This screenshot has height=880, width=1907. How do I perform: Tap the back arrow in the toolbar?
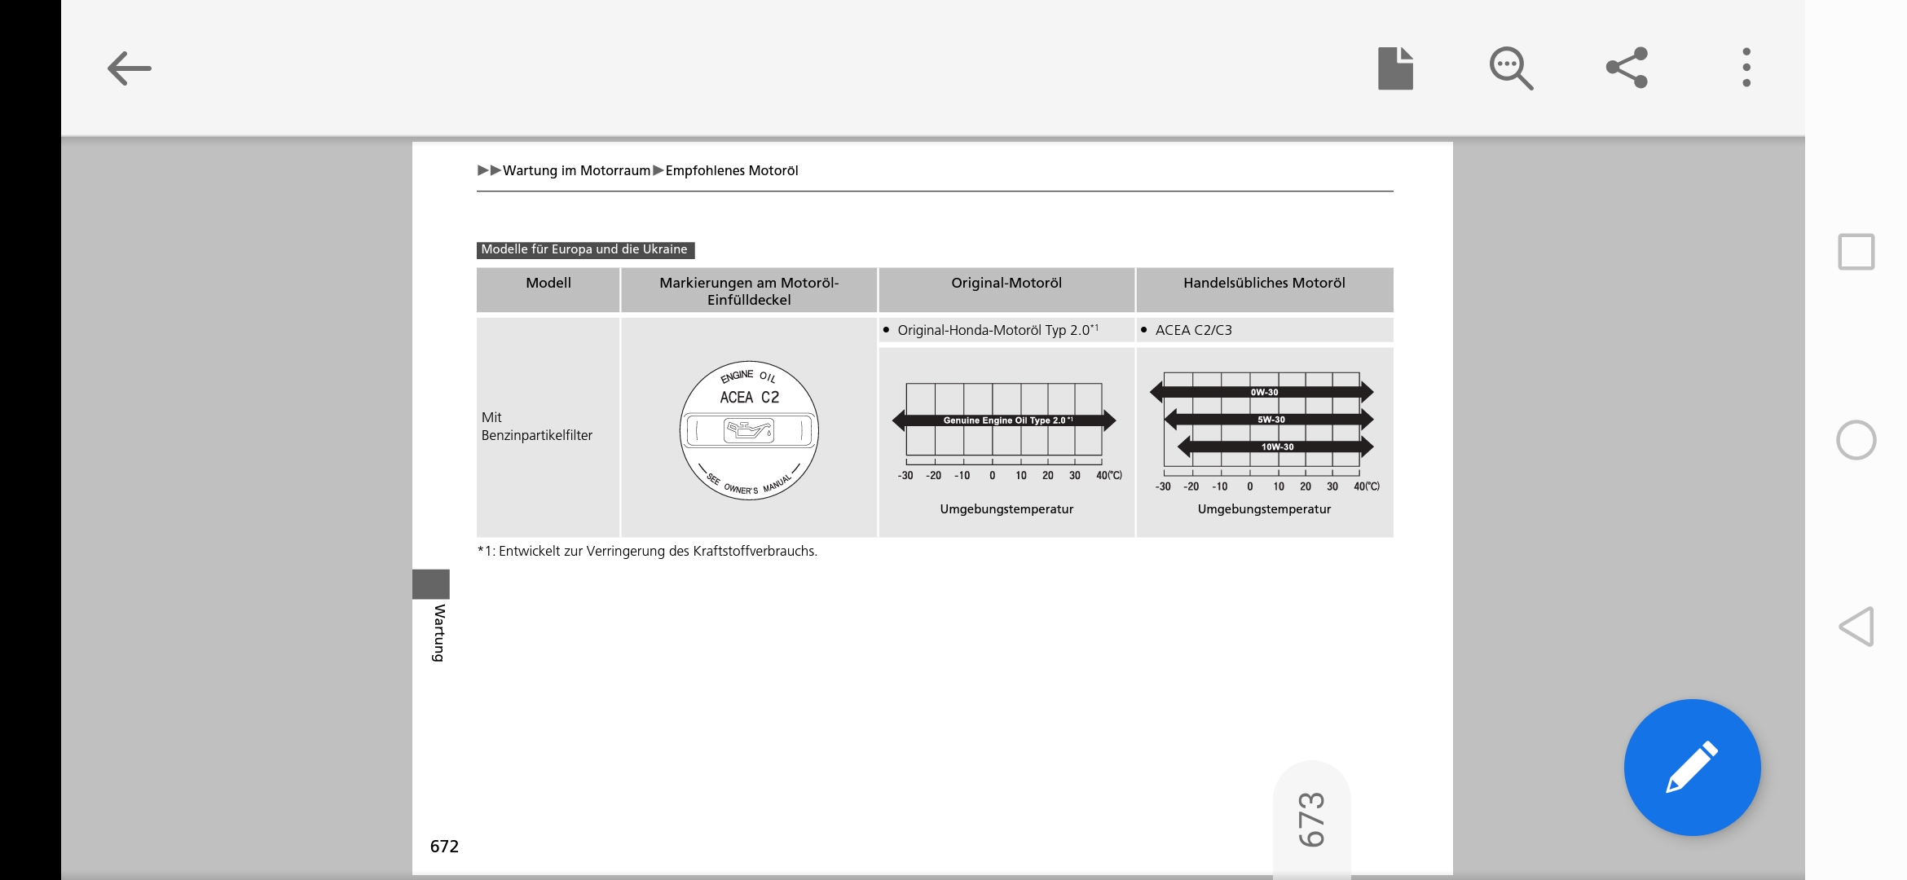130,68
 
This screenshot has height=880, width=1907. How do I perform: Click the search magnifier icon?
1511,68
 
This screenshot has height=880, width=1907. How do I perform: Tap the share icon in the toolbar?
1627,68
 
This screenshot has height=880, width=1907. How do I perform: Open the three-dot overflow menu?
1746,68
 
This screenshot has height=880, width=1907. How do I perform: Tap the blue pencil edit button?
1692,767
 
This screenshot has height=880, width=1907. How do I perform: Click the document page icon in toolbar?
1395,68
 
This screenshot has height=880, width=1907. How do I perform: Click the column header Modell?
548,284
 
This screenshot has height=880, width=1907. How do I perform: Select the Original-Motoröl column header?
1006,284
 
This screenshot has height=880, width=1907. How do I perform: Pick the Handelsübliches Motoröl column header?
1264,284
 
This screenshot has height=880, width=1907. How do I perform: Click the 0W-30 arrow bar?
1263,392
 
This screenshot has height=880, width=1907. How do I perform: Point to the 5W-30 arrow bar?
1270,420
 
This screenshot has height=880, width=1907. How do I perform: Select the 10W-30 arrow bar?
1276,447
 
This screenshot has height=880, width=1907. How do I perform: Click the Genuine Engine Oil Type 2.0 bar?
1005,420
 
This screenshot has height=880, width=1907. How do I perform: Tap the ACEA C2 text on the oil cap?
749,398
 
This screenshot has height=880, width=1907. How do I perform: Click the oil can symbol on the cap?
748,429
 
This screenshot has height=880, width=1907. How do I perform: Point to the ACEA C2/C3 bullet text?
1193,330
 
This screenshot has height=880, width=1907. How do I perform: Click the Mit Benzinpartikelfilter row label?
536,426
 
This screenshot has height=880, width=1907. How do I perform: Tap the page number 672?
444,847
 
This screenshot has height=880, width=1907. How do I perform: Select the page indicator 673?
1311,819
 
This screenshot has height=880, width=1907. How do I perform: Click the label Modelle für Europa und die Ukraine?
584,249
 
